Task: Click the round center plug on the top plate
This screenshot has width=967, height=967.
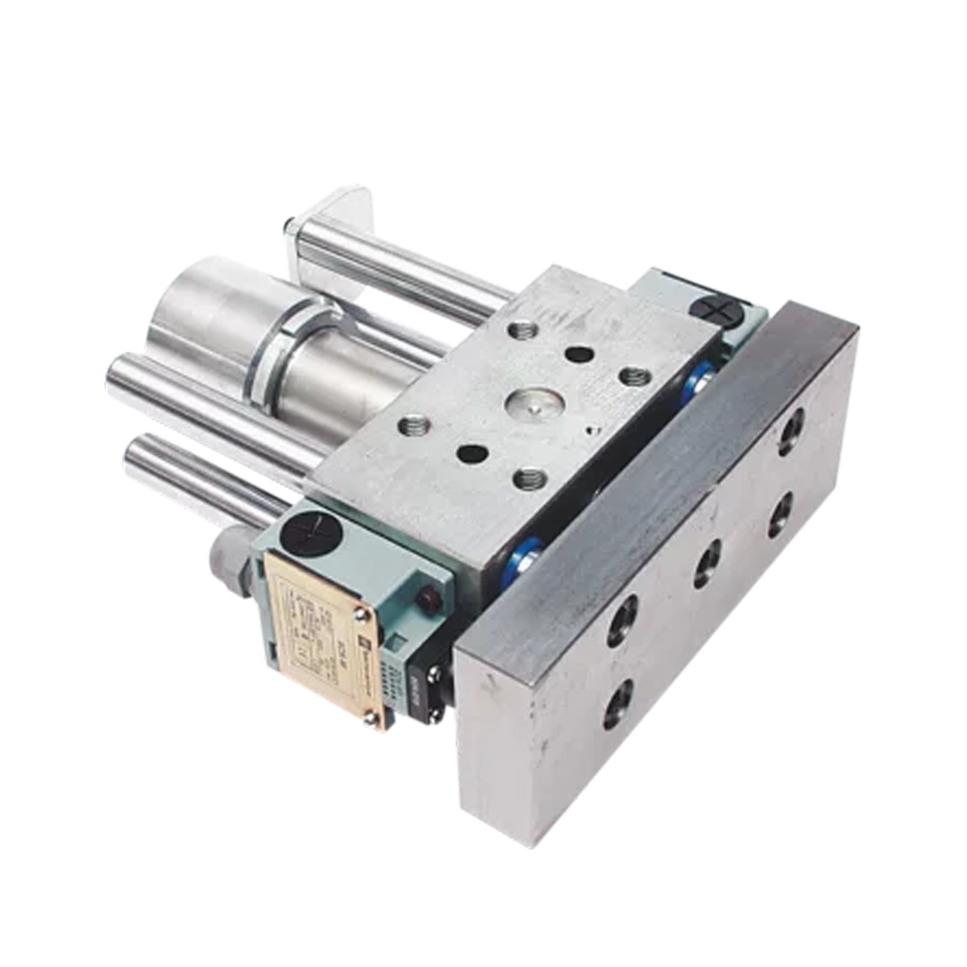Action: coord(528,404)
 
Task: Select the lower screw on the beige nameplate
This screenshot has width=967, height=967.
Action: coord(372,720)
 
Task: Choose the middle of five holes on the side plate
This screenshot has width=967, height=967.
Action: coord(707,562)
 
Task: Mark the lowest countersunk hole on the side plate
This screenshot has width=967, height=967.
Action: coord(620,702)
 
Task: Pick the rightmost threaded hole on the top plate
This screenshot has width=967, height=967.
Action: coord(634,376)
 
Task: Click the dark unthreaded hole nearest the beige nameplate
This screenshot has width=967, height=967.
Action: coord(471,454)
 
